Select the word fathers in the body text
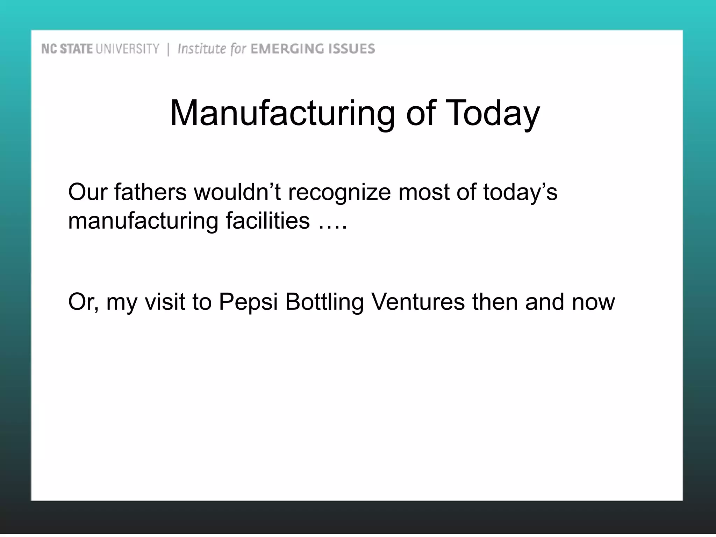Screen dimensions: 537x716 coord(150,192)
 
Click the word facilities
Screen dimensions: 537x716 coord(268,221)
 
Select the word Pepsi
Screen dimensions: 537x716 coord(248,302)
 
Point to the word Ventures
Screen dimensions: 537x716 coord(418,301)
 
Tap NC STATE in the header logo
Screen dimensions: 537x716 coord(67,49)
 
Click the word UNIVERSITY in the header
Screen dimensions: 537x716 coord(127,49)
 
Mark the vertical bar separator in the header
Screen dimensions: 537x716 coord(168,49)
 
